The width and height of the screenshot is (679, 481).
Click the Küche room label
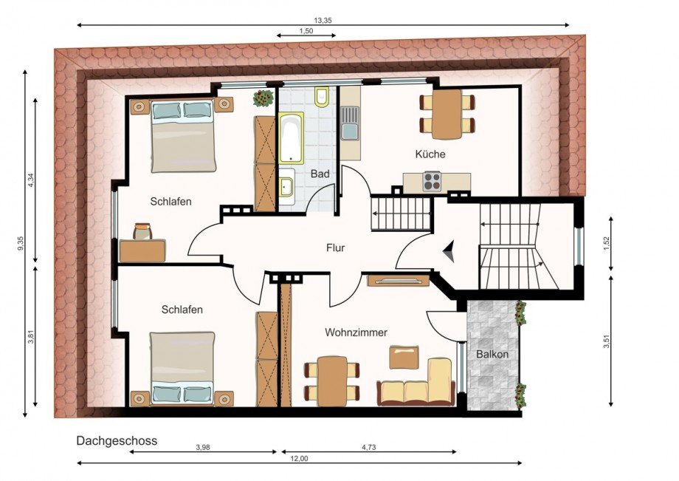(430, 154)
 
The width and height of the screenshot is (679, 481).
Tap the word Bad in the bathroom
(320, 174)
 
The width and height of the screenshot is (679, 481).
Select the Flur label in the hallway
(336, 248)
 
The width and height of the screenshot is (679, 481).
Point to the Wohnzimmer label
(356, 332)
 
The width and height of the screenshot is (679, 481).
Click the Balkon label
(492, 354)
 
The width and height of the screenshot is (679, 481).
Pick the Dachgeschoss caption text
(117, 441)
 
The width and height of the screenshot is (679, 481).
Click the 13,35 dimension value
(323, 21)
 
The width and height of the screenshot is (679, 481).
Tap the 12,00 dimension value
(299, 459)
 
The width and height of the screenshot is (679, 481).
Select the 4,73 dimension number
(369, 448)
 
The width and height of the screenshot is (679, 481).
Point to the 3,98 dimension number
(203, 448)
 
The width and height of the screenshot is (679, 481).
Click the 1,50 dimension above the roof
(306, 31)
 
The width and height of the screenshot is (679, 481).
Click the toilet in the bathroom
(322, 96)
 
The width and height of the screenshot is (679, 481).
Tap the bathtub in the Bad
(291, 138)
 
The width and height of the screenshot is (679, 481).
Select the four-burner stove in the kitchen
(432, 182)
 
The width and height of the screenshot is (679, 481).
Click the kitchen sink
(349, 124)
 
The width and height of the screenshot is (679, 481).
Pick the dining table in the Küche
(447, 114)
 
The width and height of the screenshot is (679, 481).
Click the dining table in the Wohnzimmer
(332, 381)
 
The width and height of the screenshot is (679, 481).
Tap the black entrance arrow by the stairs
(449, 251)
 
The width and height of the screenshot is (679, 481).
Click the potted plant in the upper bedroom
(263, 98)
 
